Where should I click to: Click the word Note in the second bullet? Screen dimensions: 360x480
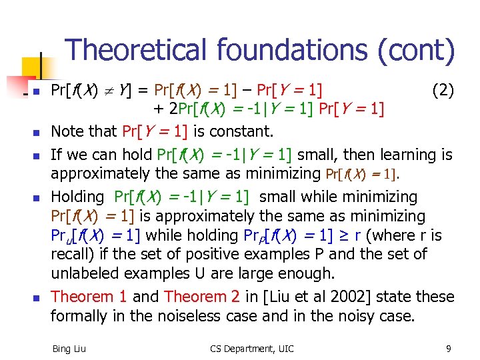[x=67, y=131]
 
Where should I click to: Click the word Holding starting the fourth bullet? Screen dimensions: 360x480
[x=77, y=197]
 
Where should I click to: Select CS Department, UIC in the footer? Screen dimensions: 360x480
[x=251, y=348]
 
